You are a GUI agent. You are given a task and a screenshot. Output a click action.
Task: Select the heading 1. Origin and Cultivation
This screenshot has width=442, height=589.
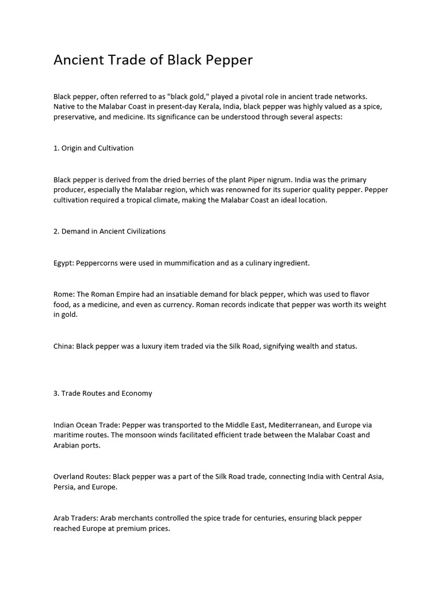[x=93, y=148]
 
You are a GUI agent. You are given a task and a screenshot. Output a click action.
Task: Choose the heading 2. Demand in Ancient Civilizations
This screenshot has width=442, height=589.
[x=109, y=231]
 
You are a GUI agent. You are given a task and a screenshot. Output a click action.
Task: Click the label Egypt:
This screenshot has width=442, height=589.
[x=63, y=263]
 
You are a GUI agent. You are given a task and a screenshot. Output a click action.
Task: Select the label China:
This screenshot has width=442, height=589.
[x=64, y=346]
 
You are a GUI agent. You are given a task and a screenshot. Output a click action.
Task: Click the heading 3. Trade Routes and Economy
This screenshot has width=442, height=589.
[x=102, y=393]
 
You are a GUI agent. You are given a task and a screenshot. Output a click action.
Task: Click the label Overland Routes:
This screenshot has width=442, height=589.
[x=82, y=477]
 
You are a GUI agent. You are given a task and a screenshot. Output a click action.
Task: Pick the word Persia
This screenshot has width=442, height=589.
[x=64, y=487]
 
